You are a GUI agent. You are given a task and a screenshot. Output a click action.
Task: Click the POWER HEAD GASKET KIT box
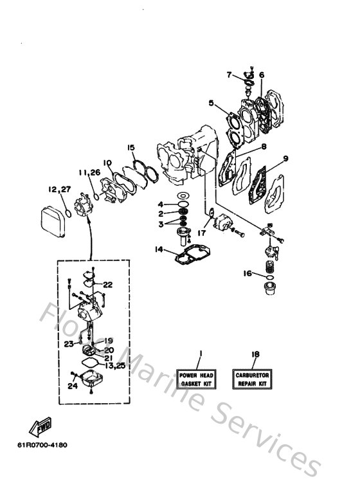click(198, 379)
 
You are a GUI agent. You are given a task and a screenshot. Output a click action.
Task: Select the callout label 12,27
click(59, 190)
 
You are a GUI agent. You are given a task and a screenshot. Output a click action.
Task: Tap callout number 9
click(285, 158)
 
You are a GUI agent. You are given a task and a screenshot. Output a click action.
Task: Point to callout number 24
click(72, 386)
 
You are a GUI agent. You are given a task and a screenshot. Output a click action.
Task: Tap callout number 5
click(211, 102)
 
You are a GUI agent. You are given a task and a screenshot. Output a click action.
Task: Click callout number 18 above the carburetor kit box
click(256, 354)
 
